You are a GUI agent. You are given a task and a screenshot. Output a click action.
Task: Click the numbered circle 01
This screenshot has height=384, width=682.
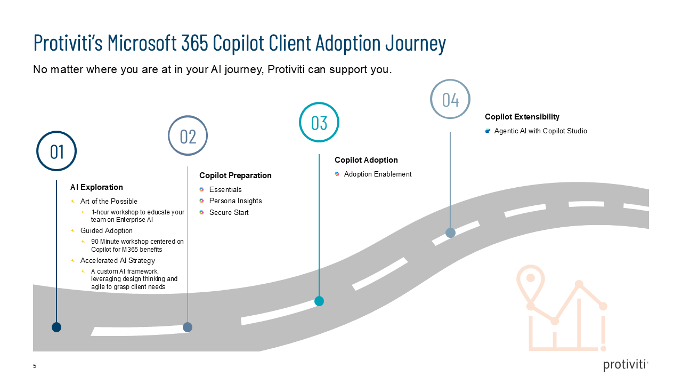56,151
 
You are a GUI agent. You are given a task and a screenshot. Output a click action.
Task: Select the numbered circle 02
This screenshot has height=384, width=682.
188,135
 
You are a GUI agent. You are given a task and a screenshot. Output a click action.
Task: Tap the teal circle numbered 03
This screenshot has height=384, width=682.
319,122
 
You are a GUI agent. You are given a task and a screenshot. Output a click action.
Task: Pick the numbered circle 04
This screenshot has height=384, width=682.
450,99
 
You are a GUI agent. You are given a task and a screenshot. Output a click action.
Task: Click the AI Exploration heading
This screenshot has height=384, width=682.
96,187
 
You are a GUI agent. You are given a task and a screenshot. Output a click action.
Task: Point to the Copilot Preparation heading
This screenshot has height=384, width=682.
235,175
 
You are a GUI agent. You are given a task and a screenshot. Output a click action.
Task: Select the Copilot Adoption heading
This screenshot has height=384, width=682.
366,160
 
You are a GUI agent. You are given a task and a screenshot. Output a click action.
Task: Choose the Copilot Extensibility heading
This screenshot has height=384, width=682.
522,117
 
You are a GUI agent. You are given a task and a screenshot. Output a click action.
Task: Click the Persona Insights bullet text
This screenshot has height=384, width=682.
235,201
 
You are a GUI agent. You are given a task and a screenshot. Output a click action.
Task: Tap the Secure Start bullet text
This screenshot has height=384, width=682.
229,213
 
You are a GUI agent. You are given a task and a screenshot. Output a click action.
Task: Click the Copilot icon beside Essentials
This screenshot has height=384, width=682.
202,189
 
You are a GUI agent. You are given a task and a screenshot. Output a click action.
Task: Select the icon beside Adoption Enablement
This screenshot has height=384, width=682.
337,174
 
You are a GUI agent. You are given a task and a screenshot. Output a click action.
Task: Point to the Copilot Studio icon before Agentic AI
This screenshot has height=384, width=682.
487,131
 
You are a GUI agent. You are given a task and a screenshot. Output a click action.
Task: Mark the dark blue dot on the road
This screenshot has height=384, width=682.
56,327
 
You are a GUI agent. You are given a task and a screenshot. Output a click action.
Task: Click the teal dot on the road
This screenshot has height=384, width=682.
319,301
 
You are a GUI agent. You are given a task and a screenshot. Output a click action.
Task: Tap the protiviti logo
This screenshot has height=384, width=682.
626,365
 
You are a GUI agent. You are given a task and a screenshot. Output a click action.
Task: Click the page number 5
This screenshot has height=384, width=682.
35,366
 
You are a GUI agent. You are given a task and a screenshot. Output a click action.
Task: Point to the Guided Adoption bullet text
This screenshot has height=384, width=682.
106,231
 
